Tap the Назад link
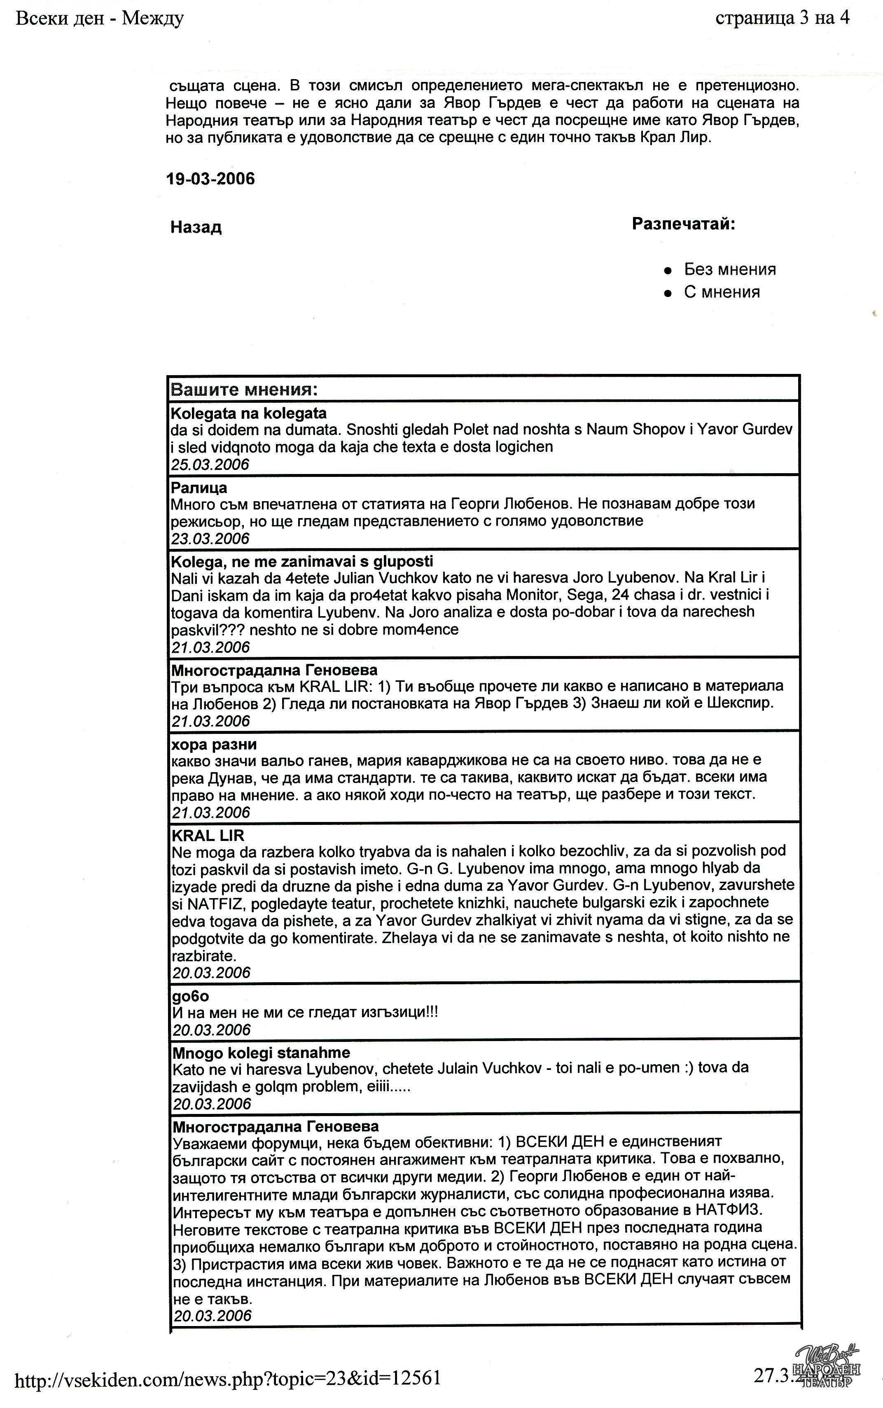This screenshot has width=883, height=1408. coord(196,227)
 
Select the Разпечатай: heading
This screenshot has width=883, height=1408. coord(683,224)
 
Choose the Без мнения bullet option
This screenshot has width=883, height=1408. coord(729,269)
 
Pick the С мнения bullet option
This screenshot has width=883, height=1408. coord(722,292)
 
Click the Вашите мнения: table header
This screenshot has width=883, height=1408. coord(244,390)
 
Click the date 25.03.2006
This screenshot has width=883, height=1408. coord(210,465)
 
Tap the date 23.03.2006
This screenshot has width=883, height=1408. coord(210,538)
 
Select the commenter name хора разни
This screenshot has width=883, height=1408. coord(214,745)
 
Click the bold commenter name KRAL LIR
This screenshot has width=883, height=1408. coord(208,836)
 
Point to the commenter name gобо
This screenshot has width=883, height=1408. coord(190,996)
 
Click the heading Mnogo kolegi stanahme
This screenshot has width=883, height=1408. coord(261,1053)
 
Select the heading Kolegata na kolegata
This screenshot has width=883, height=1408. coord(248,413)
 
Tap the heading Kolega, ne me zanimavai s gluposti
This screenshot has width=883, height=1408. coord(302,562)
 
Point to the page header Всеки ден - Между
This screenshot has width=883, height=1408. coord(99,19)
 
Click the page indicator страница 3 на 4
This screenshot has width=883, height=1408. coord(782,19)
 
